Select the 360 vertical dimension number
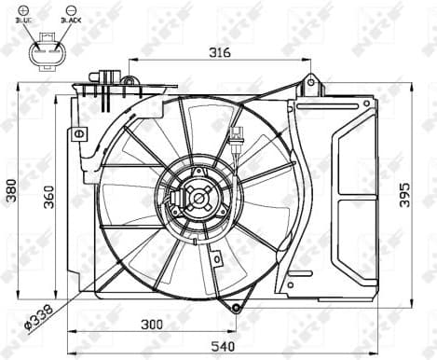[x=49, y=197]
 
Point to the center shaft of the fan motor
[x=198, y=198]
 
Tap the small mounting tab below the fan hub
[x=215, y=258]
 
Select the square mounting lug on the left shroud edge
[x=80, y=133]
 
